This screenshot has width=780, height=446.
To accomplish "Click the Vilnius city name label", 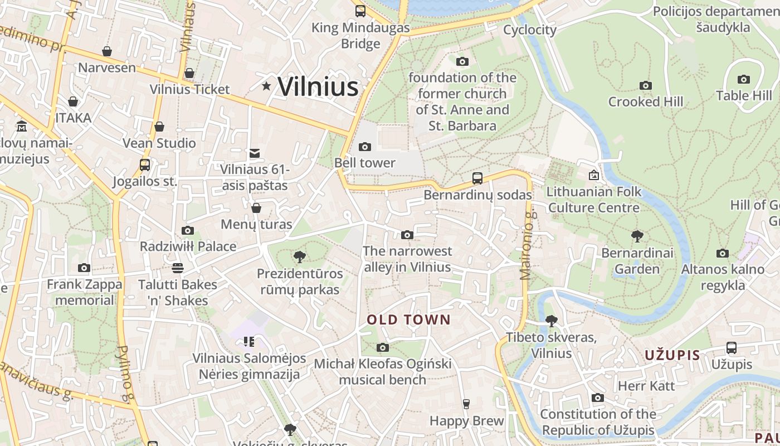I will pos(318,86).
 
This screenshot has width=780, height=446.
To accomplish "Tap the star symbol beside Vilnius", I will pos(267,86).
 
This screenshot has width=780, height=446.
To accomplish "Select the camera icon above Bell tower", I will pos(365,147).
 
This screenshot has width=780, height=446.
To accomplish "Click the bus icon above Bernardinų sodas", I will pos(477,178).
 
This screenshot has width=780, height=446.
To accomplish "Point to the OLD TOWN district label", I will pos(408,319).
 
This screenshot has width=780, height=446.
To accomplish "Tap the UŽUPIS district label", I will pos(672,355).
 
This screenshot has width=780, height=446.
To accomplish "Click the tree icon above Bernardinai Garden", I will pos(637,236).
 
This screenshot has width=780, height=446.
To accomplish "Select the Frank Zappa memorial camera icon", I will pos(84,268).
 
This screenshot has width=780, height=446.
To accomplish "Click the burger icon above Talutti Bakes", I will pos(177,268).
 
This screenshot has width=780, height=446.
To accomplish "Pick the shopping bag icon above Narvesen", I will pos(107,52).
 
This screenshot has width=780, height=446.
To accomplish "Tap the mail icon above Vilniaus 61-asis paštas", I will pos(255,153).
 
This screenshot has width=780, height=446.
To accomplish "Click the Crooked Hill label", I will pos(645,101).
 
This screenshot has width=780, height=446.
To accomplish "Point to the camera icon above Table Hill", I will pos(743,80).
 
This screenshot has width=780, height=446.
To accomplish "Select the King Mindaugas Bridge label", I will pos(360,36).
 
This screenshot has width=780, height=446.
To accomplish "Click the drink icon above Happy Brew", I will pos(466,404).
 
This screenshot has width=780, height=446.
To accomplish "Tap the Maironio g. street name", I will pos(526,245).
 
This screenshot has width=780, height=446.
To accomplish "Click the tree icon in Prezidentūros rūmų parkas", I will pos(299,257).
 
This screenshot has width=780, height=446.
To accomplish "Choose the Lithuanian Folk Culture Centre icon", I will pos(594,176).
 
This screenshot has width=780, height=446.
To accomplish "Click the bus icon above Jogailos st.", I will pos(144,165).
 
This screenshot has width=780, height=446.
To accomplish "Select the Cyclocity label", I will pos(529,30).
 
